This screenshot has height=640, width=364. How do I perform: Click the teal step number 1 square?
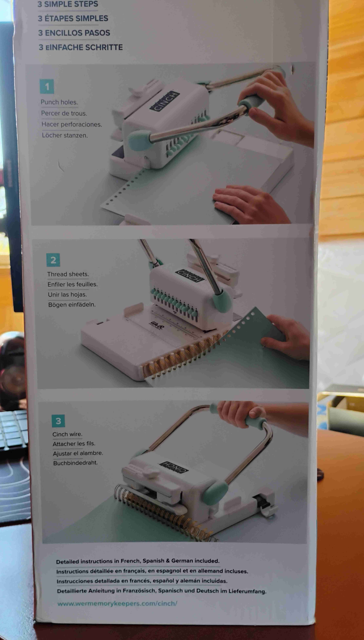(x=47, y=86)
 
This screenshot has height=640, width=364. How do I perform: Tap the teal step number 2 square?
(x=53, y=260)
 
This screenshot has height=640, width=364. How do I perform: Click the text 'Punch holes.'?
(x=59, y=102)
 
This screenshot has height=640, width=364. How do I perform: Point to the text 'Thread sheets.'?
(x=68, y=274)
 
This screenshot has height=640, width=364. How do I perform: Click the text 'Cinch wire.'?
(x=67, y=434)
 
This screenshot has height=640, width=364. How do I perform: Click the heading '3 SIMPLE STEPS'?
(x=68, y=4)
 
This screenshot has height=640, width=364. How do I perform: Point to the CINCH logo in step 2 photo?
(x=190, y=276)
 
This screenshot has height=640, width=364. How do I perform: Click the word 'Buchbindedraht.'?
(x=75, y=463)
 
